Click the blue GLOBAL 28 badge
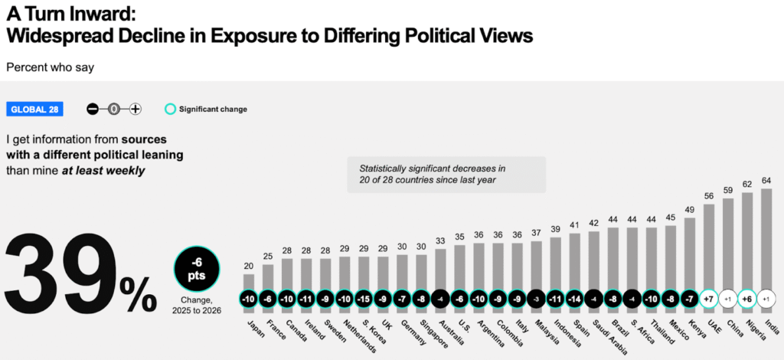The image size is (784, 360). click(34, 109)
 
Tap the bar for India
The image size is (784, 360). click(766, 237)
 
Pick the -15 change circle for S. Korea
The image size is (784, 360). click(364, 298)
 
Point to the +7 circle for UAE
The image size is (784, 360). click(709, 298)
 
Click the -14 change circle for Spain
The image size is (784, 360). click(575, 298)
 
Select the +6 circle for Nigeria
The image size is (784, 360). click(747, 298)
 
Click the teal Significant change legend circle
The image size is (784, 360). click(170, 109)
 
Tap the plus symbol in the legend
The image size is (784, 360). click(136, 109)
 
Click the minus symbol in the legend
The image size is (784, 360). click(93, 109)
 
